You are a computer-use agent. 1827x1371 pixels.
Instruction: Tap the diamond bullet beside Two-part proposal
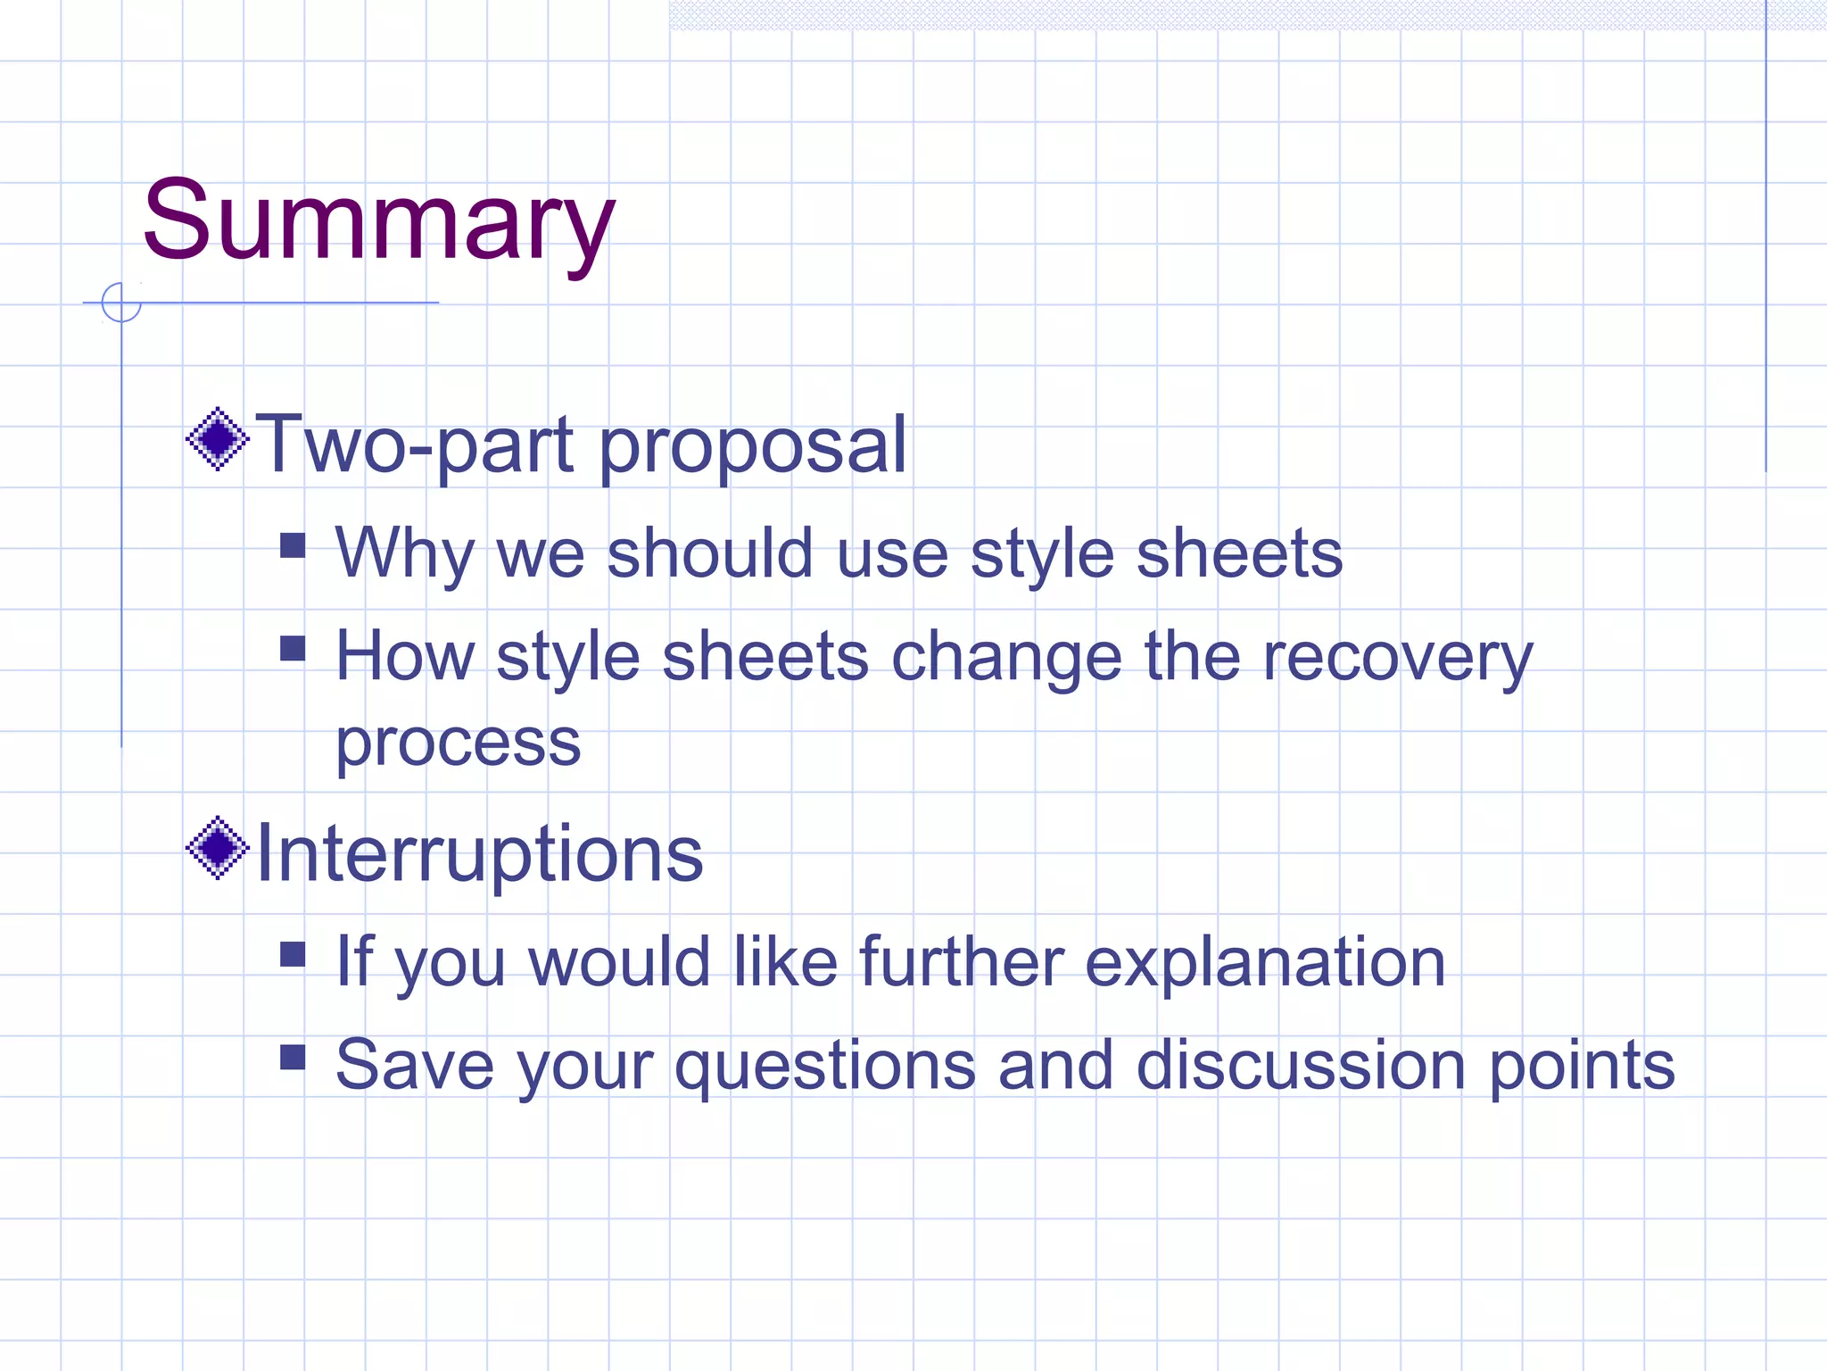coord(218,439)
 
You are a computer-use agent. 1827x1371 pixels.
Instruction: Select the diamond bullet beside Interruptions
coord(218,848)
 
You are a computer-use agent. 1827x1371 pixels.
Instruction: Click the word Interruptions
coord(480,853)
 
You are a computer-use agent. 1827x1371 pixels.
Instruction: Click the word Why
coord(404,553)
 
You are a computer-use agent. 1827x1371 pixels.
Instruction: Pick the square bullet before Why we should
coord(293,545)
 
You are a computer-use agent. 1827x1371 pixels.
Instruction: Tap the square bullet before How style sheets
coord(293,648)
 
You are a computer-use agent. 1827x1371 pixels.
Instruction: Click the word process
coord(458,743)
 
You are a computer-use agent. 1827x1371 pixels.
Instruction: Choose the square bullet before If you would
coord(293,955)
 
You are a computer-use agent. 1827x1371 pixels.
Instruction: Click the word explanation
coord(1265,964)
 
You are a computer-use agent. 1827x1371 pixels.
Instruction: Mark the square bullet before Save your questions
coord(293,1057)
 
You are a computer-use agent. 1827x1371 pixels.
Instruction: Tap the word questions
coord(825,1067)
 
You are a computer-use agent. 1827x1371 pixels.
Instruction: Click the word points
coord(1583,1067)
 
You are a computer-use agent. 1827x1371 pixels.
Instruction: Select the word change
coord(1006,658)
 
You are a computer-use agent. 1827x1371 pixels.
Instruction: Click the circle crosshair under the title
coord(121,303)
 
